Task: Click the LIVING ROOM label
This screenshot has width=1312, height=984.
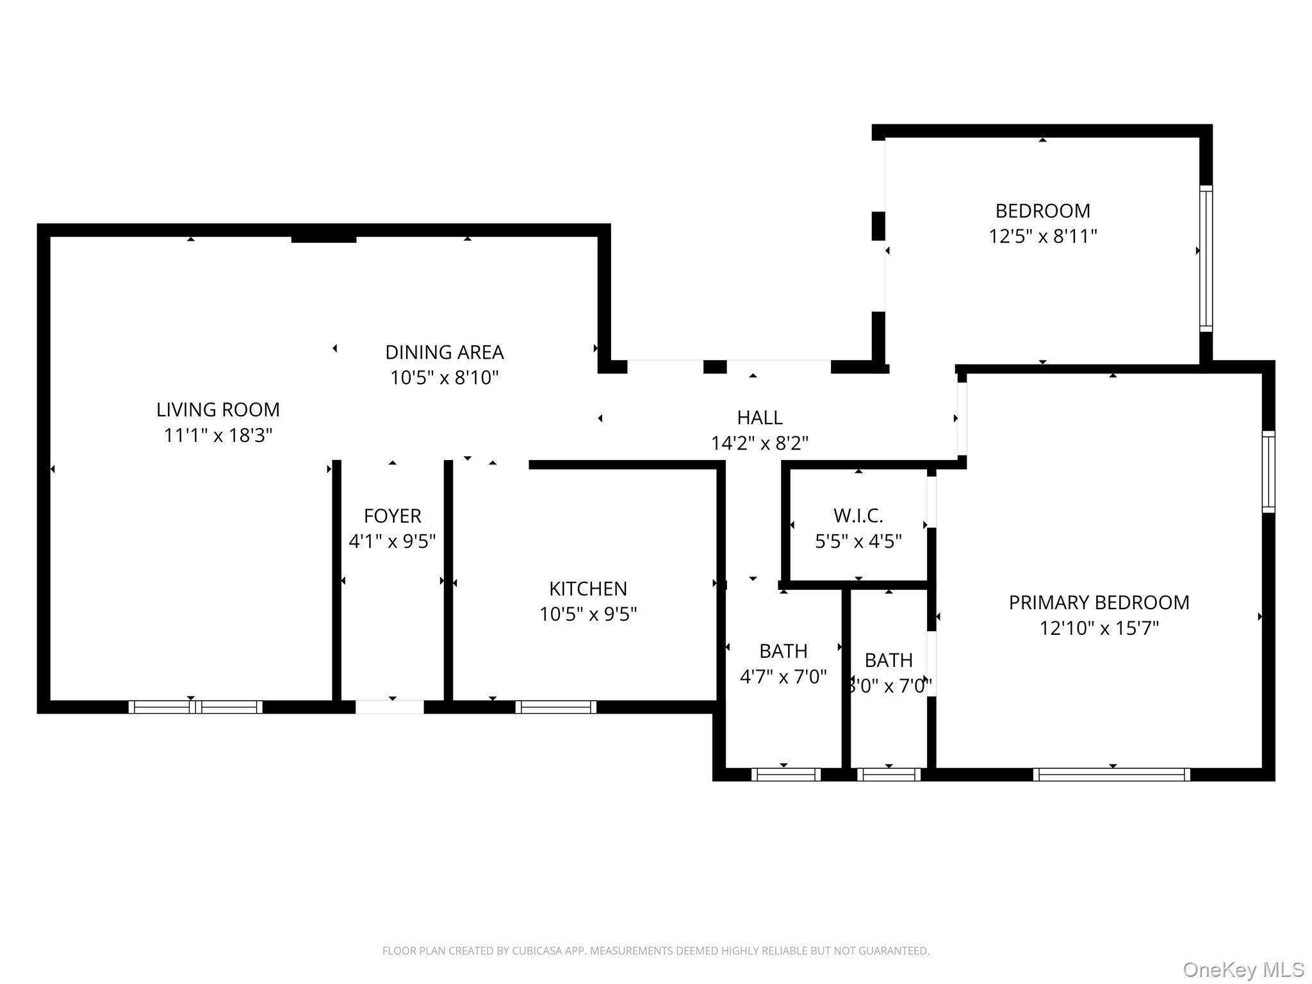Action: click(218, 409)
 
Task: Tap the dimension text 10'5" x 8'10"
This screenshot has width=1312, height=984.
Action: click(444, 378)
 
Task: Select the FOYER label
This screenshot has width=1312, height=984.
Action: click(392, 516)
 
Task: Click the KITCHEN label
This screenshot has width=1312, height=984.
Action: click(587, 589)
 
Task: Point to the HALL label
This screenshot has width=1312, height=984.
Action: click(759, 418)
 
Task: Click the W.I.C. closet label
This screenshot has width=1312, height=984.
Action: click(858, 516)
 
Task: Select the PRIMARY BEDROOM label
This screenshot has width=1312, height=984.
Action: click(1099, 603)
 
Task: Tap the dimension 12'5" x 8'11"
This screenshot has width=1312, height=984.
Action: click(1042, 237)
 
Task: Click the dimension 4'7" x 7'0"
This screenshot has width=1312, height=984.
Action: click(783, 677)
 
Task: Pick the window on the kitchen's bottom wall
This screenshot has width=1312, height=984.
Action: click(555, 707)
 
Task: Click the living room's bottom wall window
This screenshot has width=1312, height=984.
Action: click(195, 707)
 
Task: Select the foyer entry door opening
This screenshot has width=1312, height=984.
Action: click(389, 707)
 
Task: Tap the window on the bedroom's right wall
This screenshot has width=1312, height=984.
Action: click(1206, 259)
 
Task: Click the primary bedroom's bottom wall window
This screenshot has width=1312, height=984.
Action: click(1111, 775)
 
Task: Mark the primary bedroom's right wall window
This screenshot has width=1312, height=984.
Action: click(1268, 472)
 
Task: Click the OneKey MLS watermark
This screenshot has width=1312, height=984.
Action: click(1243, 970)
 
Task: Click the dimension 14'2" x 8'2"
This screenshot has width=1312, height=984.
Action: click(759, 443)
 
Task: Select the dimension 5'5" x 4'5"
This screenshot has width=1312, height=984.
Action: click(858, 542)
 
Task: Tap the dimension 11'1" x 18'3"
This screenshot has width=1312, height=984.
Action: click(218, 436)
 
